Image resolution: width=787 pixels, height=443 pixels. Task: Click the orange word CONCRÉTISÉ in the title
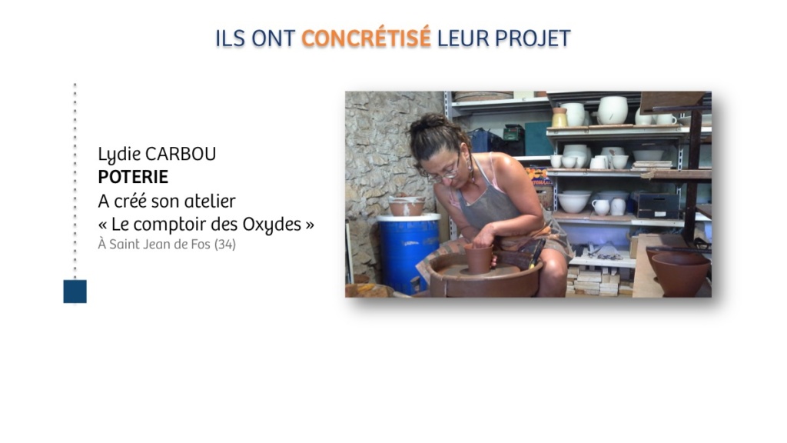[366, 38]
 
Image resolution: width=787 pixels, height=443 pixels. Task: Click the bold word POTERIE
[133, 177]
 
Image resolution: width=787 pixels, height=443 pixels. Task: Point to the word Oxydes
[272, 225]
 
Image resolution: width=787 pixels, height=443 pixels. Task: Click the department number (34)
[225, 244]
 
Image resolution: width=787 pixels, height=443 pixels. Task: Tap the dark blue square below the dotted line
[75, 291]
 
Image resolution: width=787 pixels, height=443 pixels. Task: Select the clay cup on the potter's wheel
[478, 258]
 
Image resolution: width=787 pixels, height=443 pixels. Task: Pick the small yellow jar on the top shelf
[560, 117]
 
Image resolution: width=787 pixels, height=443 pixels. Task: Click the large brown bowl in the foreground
[681, 274]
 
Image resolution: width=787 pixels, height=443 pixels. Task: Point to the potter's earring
[471, 167]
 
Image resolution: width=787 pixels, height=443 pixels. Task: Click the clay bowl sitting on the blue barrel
[407, 206]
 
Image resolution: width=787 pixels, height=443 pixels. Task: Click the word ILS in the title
[231, 38]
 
